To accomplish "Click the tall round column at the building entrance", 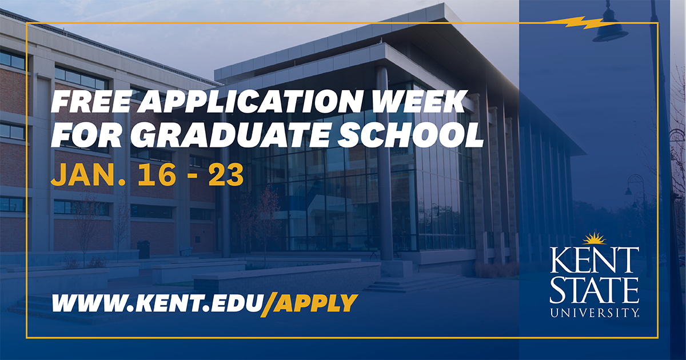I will click(x=386, y=166).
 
